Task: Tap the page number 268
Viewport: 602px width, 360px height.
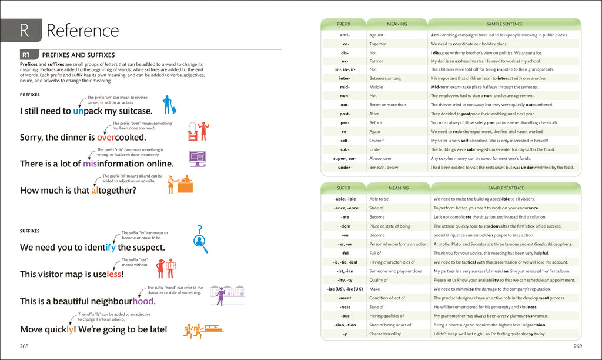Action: coord(24,346)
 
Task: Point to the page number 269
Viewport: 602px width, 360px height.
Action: coord(577,346)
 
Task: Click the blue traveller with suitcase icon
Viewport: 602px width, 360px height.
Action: coord(169,105)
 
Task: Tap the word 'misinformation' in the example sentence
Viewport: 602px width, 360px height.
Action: coord(128,164)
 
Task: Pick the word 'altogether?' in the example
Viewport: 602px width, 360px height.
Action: coord(113,190)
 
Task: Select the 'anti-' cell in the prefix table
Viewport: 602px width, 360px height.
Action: coord(345,35)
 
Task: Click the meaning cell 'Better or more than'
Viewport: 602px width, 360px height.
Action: coord(387,105)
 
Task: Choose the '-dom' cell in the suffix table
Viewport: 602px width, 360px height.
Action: coord(345,226)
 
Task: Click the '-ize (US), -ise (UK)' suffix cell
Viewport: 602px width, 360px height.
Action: coord(345,289)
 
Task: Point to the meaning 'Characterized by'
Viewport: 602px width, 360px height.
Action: coord(385,334)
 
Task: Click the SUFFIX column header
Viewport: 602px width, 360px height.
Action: coord(343,188)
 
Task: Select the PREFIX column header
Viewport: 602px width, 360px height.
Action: coord(343,24)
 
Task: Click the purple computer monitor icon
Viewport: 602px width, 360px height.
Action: coord(198,158)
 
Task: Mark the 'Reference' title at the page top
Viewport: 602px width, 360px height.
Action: coord(82,30)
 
